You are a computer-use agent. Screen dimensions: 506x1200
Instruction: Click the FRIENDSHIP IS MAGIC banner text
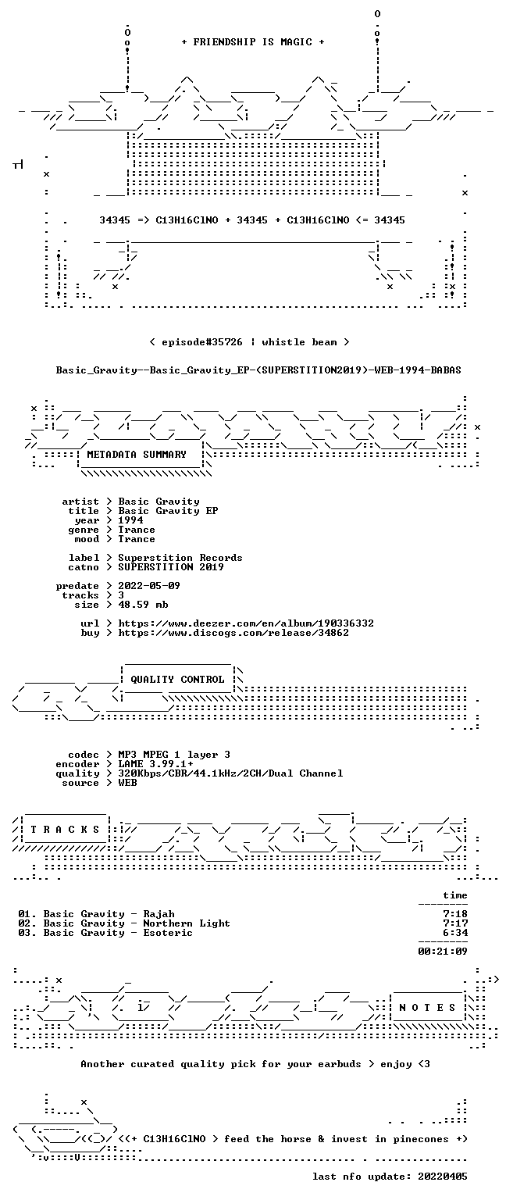(x=253, y=41)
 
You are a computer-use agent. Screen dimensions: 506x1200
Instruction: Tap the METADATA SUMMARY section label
(x=137, y=454)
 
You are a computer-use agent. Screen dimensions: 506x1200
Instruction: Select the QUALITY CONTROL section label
(x=177, y=679)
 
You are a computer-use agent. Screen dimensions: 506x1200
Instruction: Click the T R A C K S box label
(x=65, y=829)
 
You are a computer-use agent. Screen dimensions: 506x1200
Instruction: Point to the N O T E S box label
(x=427, y=1007)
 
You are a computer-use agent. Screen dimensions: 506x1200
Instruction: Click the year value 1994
(x=130, y=520)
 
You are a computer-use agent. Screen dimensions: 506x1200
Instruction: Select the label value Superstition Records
(x=180, y=558)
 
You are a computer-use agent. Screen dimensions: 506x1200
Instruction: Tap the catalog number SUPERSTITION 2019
(x=171, y=566)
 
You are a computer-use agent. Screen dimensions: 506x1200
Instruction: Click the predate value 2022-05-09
(x=149, y=585)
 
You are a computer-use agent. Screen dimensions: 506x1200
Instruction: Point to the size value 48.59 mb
(x=143, y=604)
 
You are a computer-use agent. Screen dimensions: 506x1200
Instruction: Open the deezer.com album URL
(x=246, y=623)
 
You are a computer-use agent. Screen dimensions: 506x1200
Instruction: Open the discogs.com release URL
(x=233, y=633)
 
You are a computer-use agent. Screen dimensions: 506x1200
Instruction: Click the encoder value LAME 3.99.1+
(x=156, y=764)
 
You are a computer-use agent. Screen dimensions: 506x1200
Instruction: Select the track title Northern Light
(x=187, y=923)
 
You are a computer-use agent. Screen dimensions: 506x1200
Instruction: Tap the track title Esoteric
(x=168, y=933)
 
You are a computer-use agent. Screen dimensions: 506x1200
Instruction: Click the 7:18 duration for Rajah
(x=455, y=914)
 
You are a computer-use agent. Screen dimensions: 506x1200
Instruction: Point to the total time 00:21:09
(x=443, y=952)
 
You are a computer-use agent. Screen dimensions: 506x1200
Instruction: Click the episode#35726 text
(x=202, y=341)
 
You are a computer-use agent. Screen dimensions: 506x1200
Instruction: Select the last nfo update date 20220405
(x=443, y=1177)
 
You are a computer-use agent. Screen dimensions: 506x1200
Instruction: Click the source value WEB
(x=127, y=783)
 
